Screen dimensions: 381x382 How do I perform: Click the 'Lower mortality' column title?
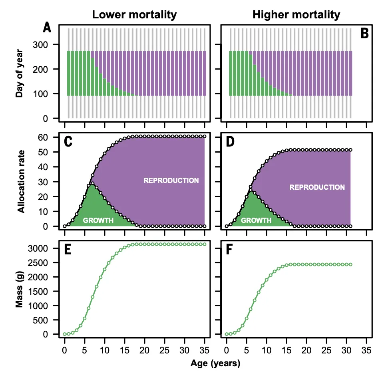(x=134, y=15)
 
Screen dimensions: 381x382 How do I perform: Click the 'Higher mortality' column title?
(x=296, y=15)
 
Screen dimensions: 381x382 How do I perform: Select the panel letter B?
(x=364, y=34)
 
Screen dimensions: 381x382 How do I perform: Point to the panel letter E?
(x=68, y=250)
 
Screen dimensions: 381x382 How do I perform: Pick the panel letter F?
(x=229, y=250)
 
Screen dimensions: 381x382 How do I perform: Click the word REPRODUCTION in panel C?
(x=171, y=181)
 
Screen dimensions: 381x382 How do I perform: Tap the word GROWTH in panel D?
(x=256, y=220)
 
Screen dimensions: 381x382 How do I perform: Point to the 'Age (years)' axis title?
(x=215, y=363)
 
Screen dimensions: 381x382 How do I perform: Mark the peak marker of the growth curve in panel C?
(x=92, y=183)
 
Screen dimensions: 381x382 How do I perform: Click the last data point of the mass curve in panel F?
(x=350, y=264)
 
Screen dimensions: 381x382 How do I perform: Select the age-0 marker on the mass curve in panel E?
(x=64, y=334)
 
